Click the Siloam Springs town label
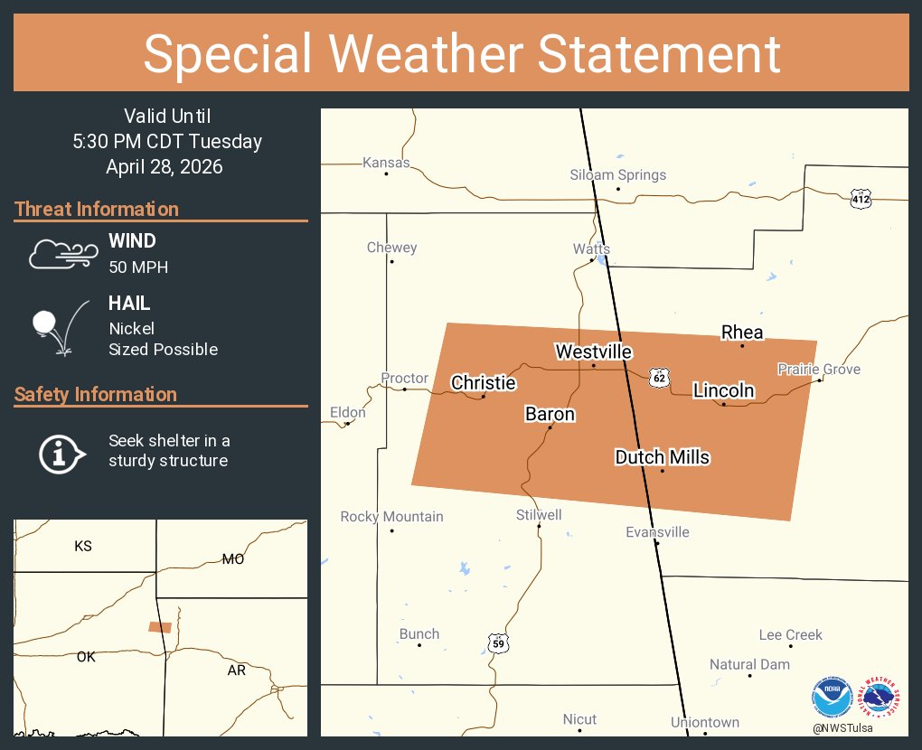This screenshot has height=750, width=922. (x=618, y=174)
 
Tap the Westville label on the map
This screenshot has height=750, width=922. (x=593, y=352)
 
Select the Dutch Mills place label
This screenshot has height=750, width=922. (x=662, y=457)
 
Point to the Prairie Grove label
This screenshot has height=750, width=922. (x=819, y=369)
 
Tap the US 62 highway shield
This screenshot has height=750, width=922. (x=660, y=377)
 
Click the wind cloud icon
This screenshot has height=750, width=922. (x=61, y=254)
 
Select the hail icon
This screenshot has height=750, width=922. (x=60, y=327)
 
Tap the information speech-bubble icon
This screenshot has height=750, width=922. (x=61, y=452)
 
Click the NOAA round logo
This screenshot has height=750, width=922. (x=832, y=698)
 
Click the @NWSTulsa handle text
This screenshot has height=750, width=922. (x=855, y=727)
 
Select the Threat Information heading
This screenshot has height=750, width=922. (x=97, y=209)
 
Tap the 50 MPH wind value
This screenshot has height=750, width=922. (x=138, y=267)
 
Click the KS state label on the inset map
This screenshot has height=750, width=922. (x=83, y=546)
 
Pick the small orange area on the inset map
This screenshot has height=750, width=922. (x=160, y=627)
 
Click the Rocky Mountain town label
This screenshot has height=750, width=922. (x=391, y=517)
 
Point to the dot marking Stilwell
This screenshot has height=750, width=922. (x=539, y=526)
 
